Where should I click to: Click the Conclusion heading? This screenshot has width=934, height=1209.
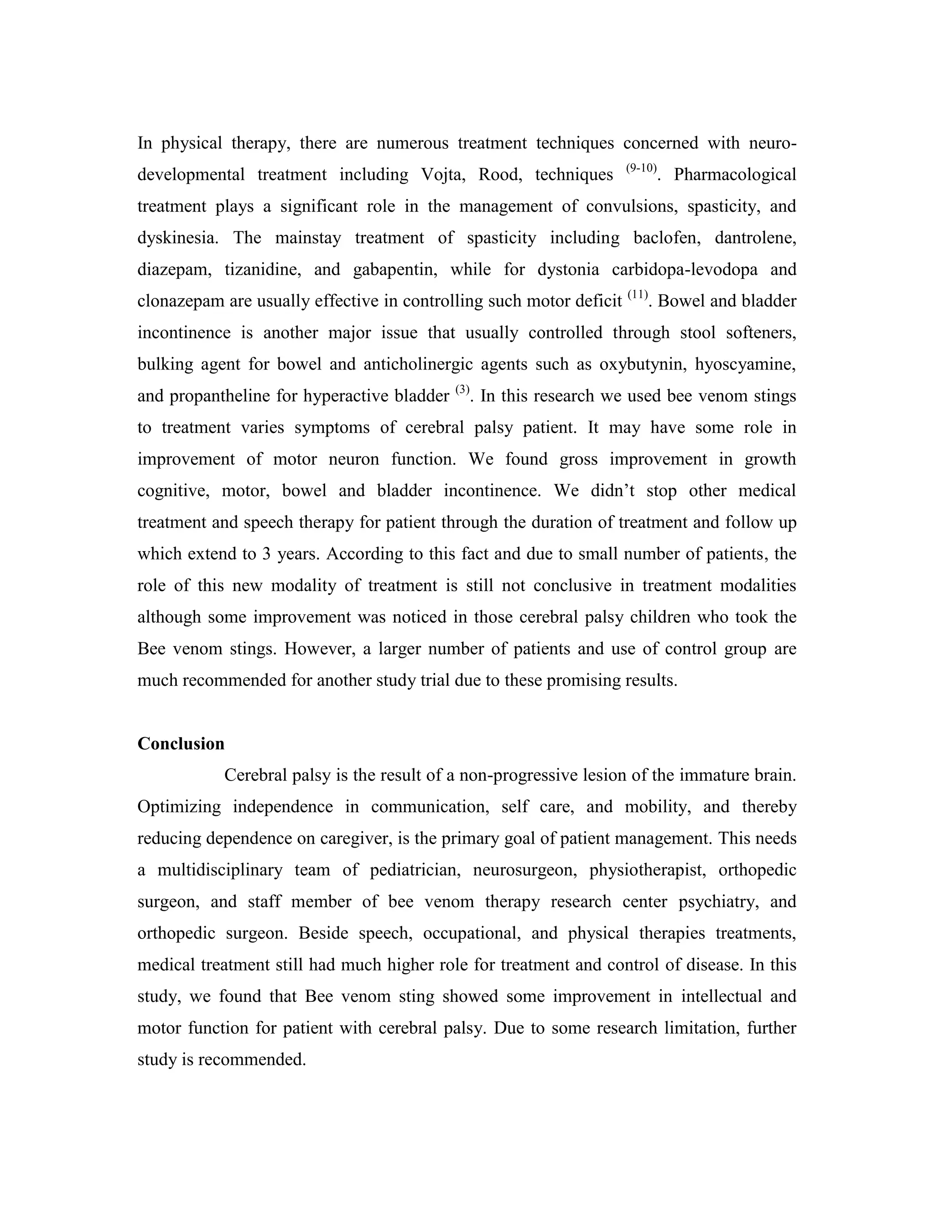coord(181,744)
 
